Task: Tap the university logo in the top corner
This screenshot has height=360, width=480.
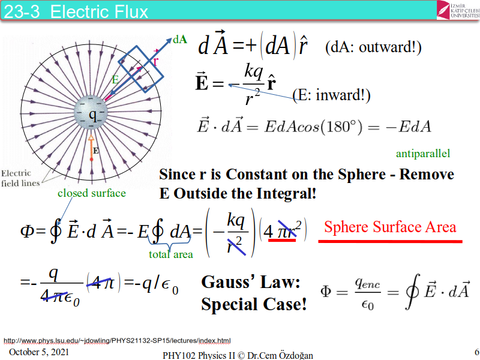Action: tap(457, 10)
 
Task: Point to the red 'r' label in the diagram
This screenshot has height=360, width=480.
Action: tap(155, 61)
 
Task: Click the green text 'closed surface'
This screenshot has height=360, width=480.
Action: tap(92, 193)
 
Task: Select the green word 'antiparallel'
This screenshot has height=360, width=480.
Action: tap(423, 154)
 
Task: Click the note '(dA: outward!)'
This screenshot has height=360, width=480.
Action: tap(373, 47)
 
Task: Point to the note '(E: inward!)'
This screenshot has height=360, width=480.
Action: tap(331, 95)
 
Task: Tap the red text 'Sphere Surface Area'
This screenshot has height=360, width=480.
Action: tap(390, 227)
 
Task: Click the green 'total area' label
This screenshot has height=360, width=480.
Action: tap(171, 254)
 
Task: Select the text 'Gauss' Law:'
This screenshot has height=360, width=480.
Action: tap(251, 283)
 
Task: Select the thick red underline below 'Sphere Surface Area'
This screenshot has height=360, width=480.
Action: tap(389, 241)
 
